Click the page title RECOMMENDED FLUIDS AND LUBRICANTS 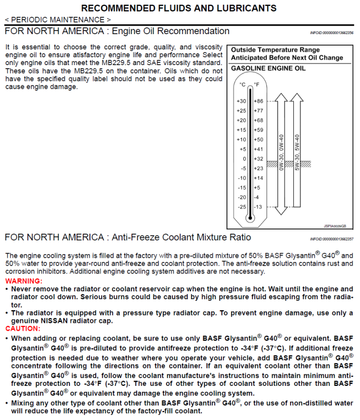(x=179, y=8)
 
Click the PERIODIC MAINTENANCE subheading (x=58, y=19)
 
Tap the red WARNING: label (x=24, y=281)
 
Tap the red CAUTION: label (x=23, y=328)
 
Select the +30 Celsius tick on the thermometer (x=241, y=101)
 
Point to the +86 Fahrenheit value (x=259, y=101)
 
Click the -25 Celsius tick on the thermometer (x=241, y=207)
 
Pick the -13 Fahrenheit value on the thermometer (x=258, y=207)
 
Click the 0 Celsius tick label (x=244, y=159)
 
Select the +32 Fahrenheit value (x=259, y=159)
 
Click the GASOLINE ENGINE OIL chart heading (x=268, y=69)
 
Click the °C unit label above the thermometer (x=242, y=85)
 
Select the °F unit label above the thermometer (x=256, y=85)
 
